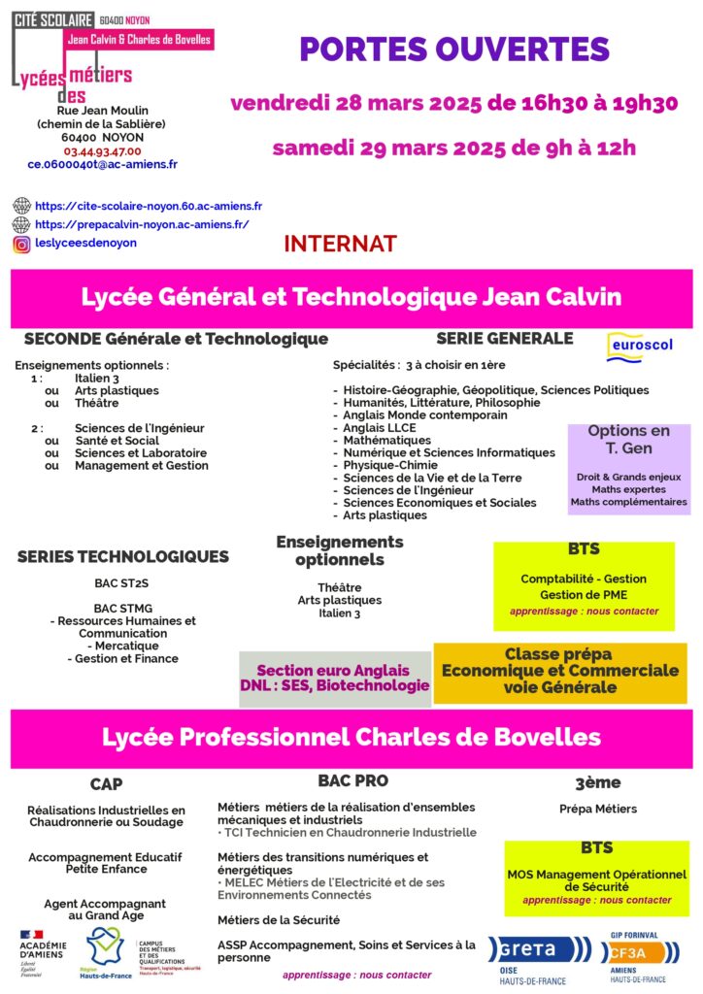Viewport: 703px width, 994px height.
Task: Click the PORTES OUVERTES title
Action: click(453, 50)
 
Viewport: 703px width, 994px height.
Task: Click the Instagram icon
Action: click(21, 244)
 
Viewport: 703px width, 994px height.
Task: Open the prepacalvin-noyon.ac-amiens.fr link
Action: click(142, 224)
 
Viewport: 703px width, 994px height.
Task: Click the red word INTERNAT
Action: click(340, 244)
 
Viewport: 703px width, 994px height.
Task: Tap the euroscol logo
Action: click(640, 346)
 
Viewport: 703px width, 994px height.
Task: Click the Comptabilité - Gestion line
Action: click(583, 579)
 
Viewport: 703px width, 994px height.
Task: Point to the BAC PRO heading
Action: click(352, 780)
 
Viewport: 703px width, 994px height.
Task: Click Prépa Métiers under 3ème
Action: click(598, 809)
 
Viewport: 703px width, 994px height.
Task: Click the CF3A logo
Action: click(638, 952)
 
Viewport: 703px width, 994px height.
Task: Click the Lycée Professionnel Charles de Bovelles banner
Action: click(351, 737)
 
